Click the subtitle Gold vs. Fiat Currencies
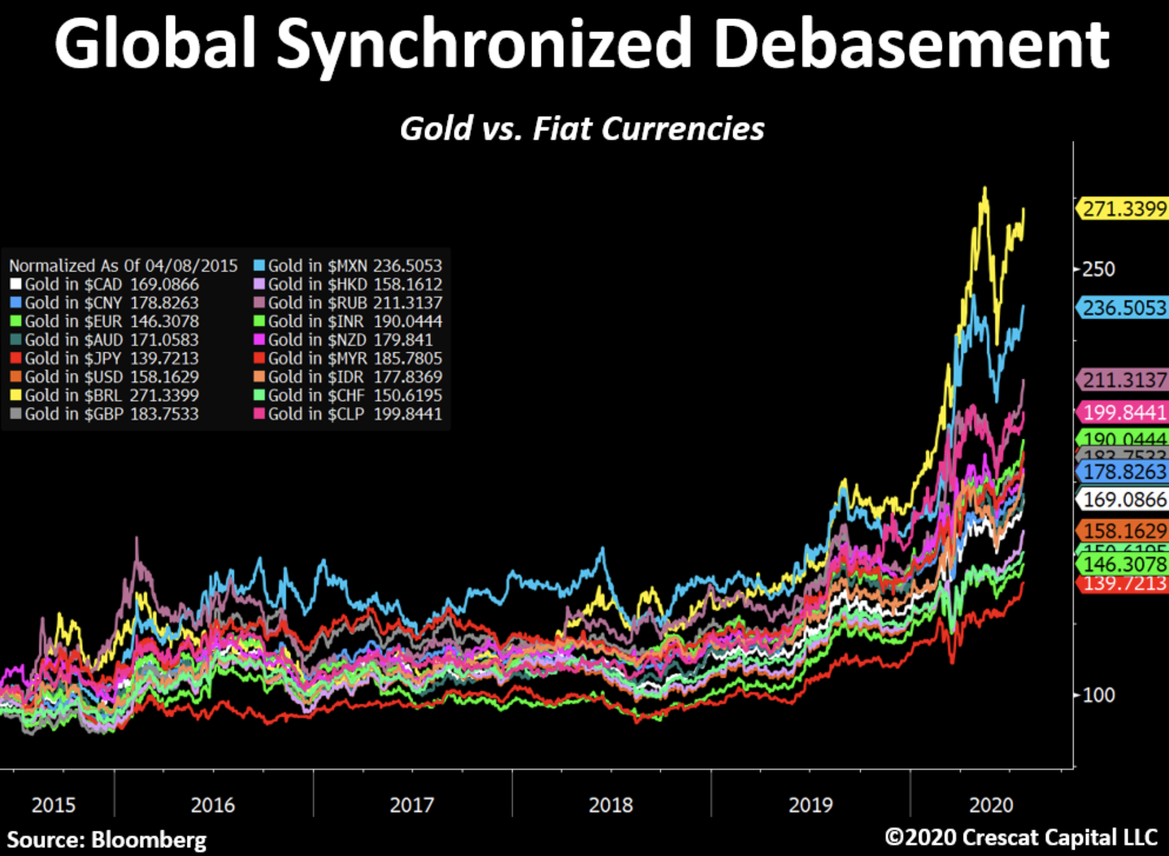coord(582,129)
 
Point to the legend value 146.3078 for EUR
coord(165,321)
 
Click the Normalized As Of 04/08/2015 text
coord(123,266)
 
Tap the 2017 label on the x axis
coord(411,805)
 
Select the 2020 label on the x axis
coord(991,805)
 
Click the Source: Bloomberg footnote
coord(107,840)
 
